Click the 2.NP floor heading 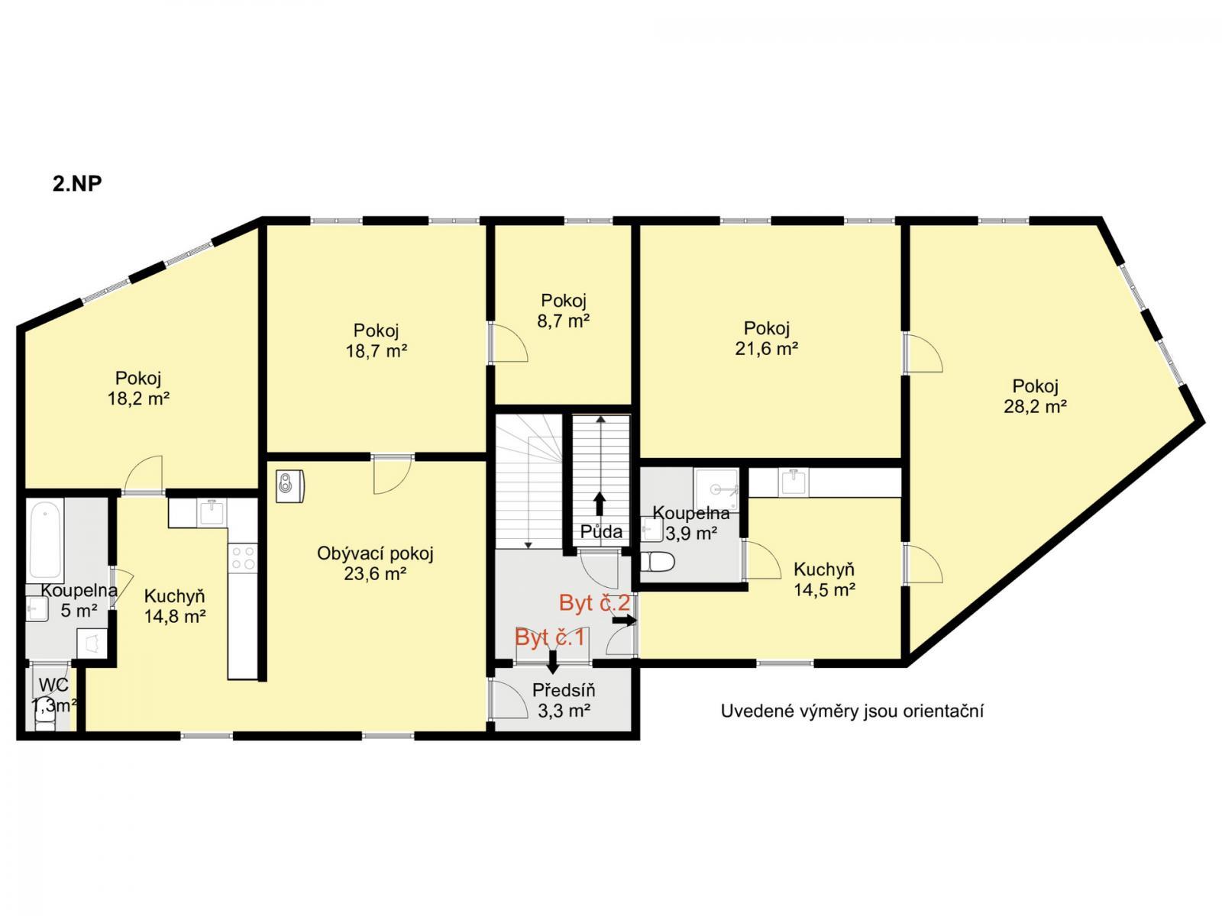point(77,183)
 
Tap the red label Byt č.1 point(549,637)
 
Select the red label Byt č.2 point(594,603)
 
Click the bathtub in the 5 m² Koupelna point(46,539)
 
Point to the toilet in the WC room point(44,723)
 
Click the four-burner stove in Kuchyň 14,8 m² point(244,559)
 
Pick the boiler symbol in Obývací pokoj point(290,486)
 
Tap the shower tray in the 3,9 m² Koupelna point(716,489)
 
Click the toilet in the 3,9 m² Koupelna point(657,562)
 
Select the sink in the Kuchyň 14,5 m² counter point(794,482)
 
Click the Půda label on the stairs point(601,532)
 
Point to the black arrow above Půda point(600,503)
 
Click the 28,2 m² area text point(1035,407)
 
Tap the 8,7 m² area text point(564,321)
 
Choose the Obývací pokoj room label point(375,553)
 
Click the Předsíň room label point(564,690)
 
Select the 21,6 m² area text point(767,349)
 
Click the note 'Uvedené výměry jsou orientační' point(852,711)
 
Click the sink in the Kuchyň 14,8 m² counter point(212,511)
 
